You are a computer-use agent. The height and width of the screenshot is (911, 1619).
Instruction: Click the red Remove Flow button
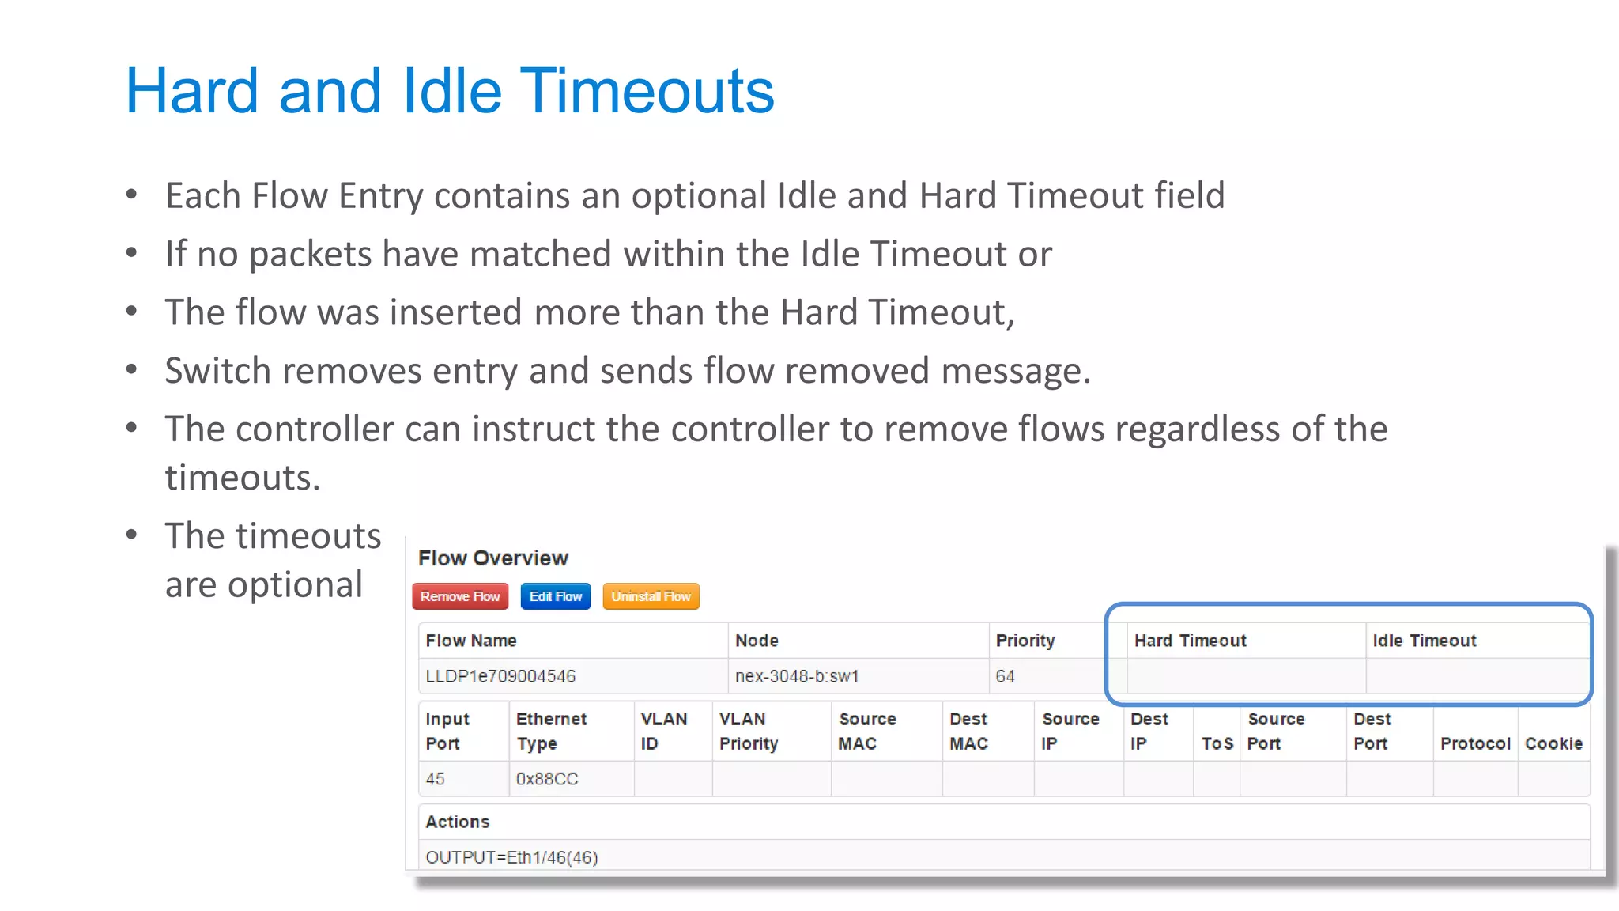coord(460,596)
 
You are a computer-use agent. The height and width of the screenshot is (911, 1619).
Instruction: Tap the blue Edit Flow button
coord(555,596)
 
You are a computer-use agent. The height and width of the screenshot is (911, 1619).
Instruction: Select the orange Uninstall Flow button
coord(651,596)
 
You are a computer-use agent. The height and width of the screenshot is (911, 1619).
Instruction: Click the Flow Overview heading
coord(492,558)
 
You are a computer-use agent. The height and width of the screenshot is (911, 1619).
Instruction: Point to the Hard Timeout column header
coord(1190,641)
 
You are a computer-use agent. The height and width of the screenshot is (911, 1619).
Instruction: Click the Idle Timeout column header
coord(1424,641)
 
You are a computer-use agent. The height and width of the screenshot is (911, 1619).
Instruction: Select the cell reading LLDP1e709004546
coord(500,676)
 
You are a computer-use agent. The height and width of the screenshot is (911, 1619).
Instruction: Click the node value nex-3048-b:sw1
coord(796,676)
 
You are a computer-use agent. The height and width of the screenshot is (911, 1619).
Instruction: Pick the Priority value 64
coord(1005,676)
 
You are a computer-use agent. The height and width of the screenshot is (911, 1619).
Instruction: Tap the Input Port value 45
coord(435,779)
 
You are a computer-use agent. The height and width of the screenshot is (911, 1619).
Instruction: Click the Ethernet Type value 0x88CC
coord(546,779)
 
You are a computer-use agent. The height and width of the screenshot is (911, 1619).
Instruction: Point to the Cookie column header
coord(1553,743)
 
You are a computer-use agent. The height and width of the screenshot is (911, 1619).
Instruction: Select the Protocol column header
coord(1474,743)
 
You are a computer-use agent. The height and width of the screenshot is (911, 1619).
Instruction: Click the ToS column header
coord(1217,743)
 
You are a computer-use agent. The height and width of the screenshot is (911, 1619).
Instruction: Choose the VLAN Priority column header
coord(748,731)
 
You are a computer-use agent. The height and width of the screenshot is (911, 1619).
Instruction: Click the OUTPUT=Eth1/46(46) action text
coord(511,857)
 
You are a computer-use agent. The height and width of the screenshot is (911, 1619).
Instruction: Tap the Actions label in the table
coord(457,822)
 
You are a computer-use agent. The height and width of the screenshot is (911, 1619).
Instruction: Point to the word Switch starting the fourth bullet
coord(214,371)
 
